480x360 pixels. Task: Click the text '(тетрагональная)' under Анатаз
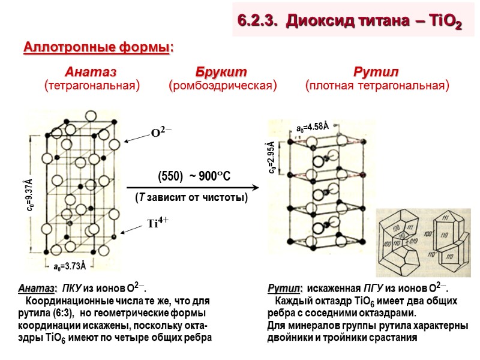pyautogui.click(x=92, y=86)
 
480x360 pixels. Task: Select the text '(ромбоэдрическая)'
pyautogui.click(x=223, y=86)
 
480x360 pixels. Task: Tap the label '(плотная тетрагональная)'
pyautogui.click(x=377, y=86)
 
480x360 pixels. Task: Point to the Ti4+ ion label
pyautogui.click(x=160, y=223)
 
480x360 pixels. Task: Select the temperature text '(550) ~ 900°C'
pyautogui.click(x=194, y=176)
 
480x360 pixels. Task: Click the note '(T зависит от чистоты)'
pyautogui.click(x=191, y=197)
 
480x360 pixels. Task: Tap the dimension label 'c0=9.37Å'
pyautogui.click(x=28, y=194)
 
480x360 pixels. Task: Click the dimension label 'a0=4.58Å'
pyautogui.click(x=313, y=127)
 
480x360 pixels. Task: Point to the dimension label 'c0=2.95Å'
pyautogui.click(x=272, y=158)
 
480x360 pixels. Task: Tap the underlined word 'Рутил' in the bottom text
pyautogui.click(x=284, y=289)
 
